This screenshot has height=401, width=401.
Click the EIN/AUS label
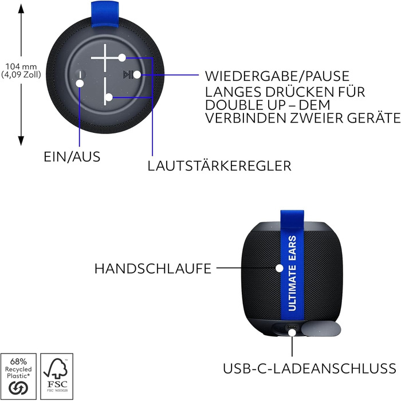72,157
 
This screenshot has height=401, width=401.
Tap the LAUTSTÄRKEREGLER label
219,166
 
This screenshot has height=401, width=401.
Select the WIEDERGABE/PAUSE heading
277,76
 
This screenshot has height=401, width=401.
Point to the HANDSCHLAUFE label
153,269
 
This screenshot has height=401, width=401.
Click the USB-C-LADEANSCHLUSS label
309,368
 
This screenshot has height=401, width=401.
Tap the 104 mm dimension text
21,67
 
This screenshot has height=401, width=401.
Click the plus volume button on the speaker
105,58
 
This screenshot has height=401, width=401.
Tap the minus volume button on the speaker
105,91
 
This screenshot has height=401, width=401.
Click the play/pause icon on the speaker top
127,74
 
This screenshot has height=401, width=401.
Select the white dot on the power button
80,84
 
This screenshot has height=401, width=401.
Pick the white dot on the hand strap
280,268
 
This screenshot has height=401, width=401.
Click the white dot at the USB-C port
292,333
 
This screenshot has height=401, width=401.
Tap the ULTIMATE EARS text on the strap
292,273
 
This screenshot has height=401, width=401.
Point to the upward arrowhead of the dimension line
21,8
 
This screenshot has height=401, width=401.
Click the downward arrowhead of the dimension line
21,141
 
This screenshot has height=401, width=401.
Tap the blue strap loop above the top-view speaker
105,14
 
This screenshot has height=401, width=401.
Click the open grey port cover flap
321,329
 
